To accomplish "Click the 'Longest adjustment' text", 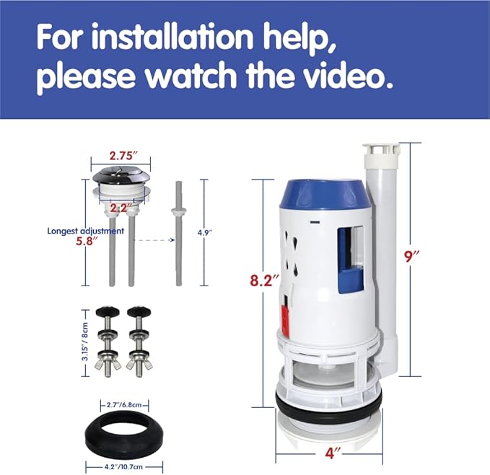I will pyautogui.click(x=86, y=231).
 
